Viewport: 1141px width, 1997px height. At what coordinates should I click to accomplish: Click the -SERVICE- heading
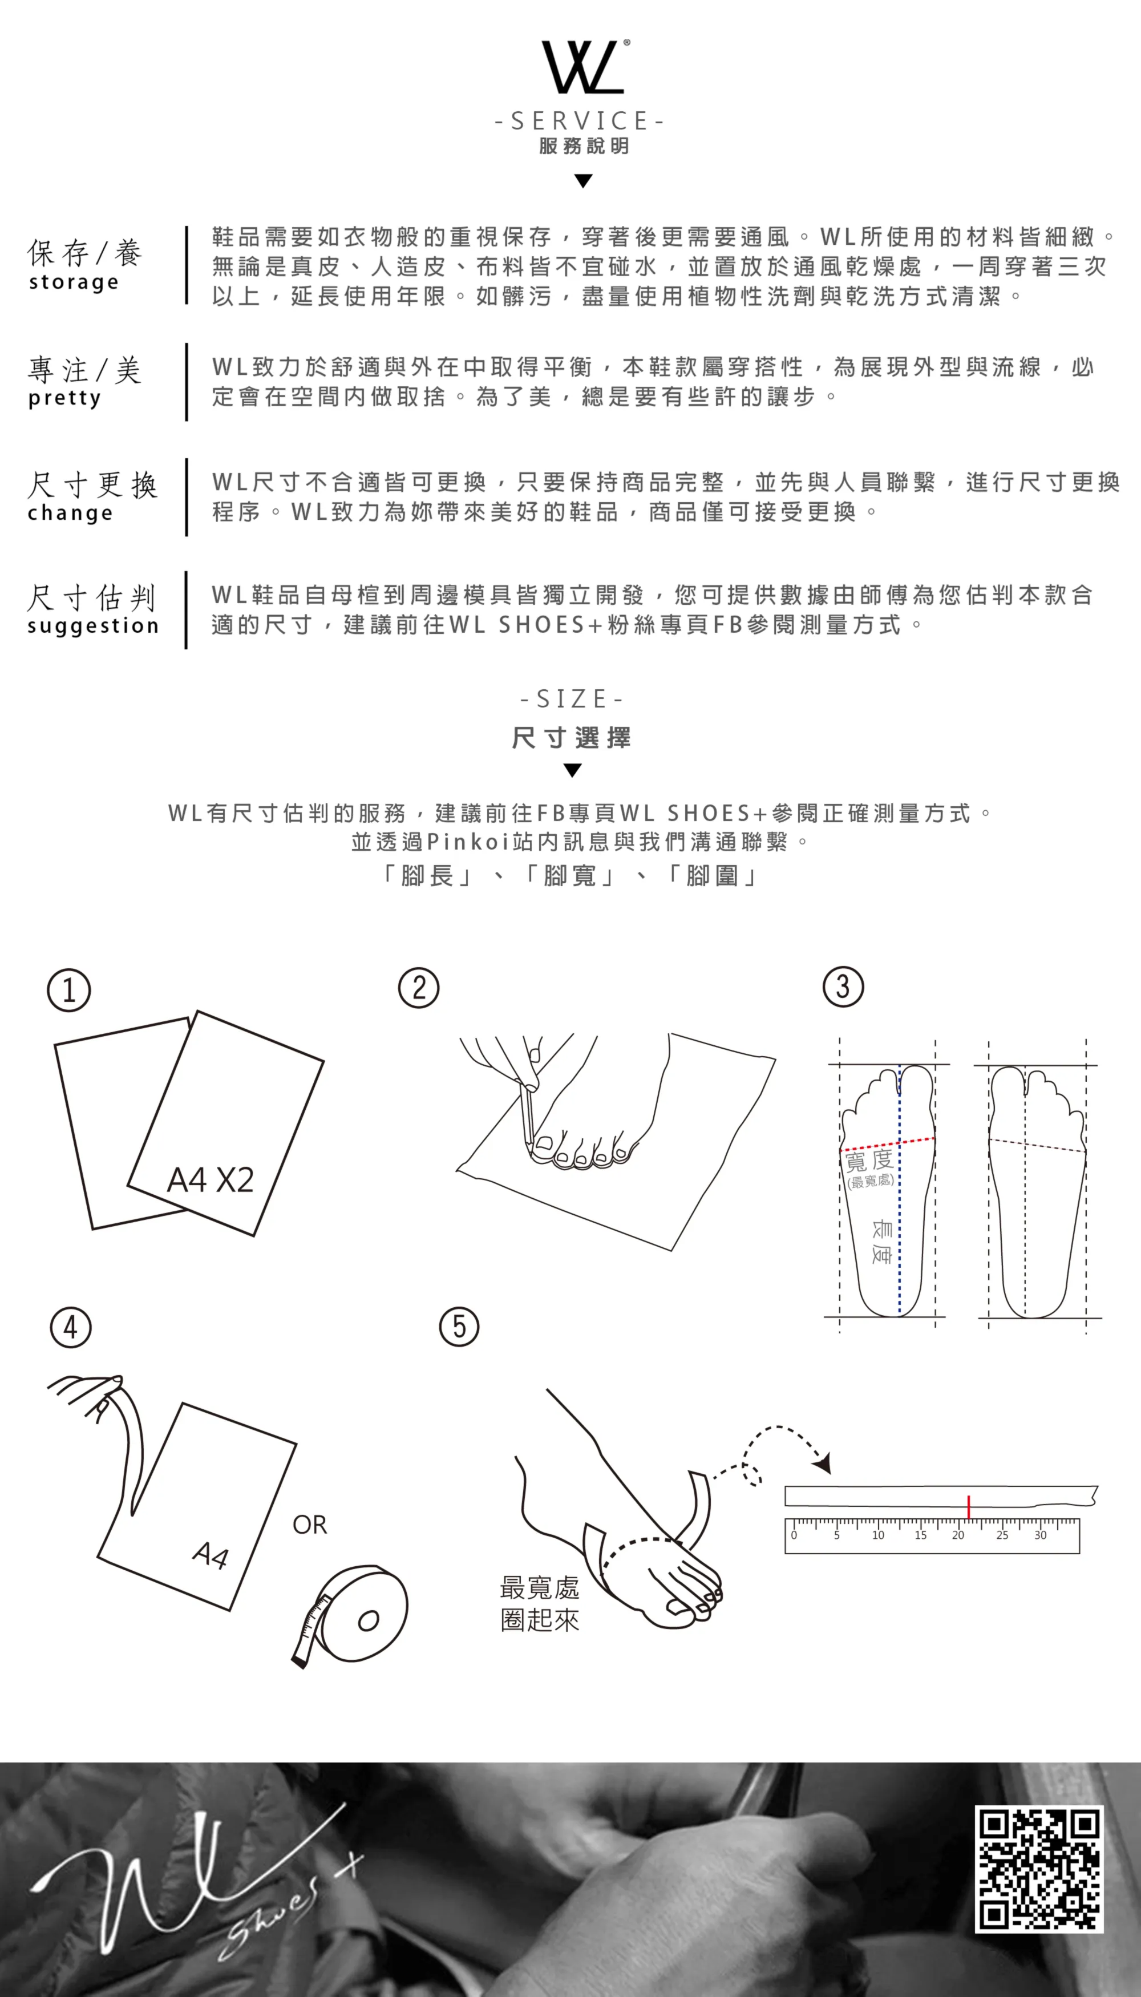tap(580, 121)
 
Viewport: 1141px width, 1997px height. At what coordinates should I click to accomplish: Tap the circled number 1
tap(69, 990)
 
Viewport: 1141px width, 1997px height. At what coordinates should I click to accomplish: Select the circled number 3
tap(843, 987)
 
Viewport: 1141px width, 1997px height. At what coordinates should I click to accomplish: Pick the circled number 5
tap(459, 1327)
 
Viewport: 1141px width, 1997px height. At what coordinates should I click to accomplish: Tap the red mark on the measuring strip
tap(969, 1506)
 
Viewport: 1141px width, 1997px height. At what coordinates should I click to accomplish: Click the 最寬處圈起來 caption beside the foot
tap(540, 1603)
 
